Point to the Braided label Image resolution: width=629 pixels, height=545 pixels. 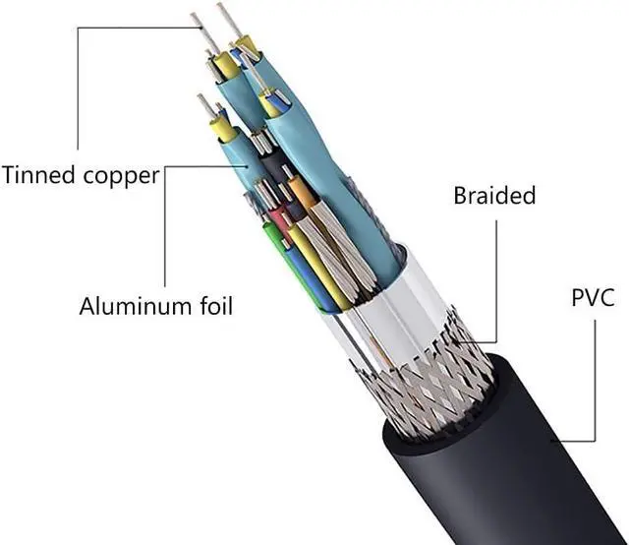coord(494,196)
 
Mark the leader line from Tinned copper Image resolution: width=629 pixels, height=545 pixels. coord(78,89)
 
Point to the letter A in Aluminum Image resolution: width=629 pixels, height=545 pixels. coord(87,307)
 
